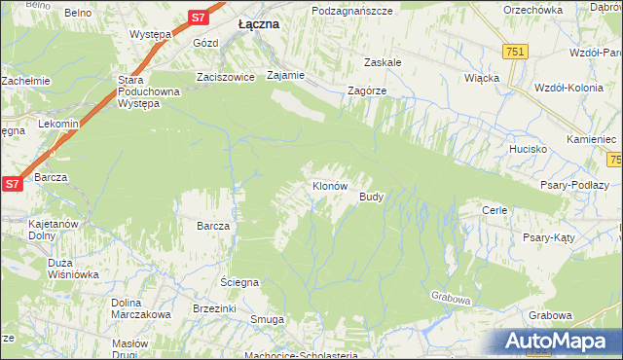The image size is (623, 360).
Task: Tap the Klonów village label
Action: [x=329, y=185]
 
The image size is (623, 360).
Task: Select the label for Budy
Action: [x=372, y=197]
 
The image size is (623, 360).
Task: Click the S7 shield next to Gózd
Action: [x=198, y=17]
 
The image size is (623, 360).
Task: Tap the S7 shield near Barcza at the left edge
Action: [x=12, y=183]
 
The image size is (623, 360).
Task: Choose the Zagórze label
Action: [x=368, y=90]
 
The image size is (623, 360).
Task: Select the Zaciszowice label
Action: [x=225, y=76]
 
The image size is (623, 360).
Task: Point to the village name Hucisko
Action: [x=528, y=150]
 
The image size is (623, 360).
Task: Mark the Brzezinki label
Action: [x=215, y=307]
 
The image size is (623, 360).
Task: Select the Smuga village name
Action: [x=267, y=319]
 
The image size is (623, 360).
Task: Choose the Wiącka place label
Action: [x=482, y=77]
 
